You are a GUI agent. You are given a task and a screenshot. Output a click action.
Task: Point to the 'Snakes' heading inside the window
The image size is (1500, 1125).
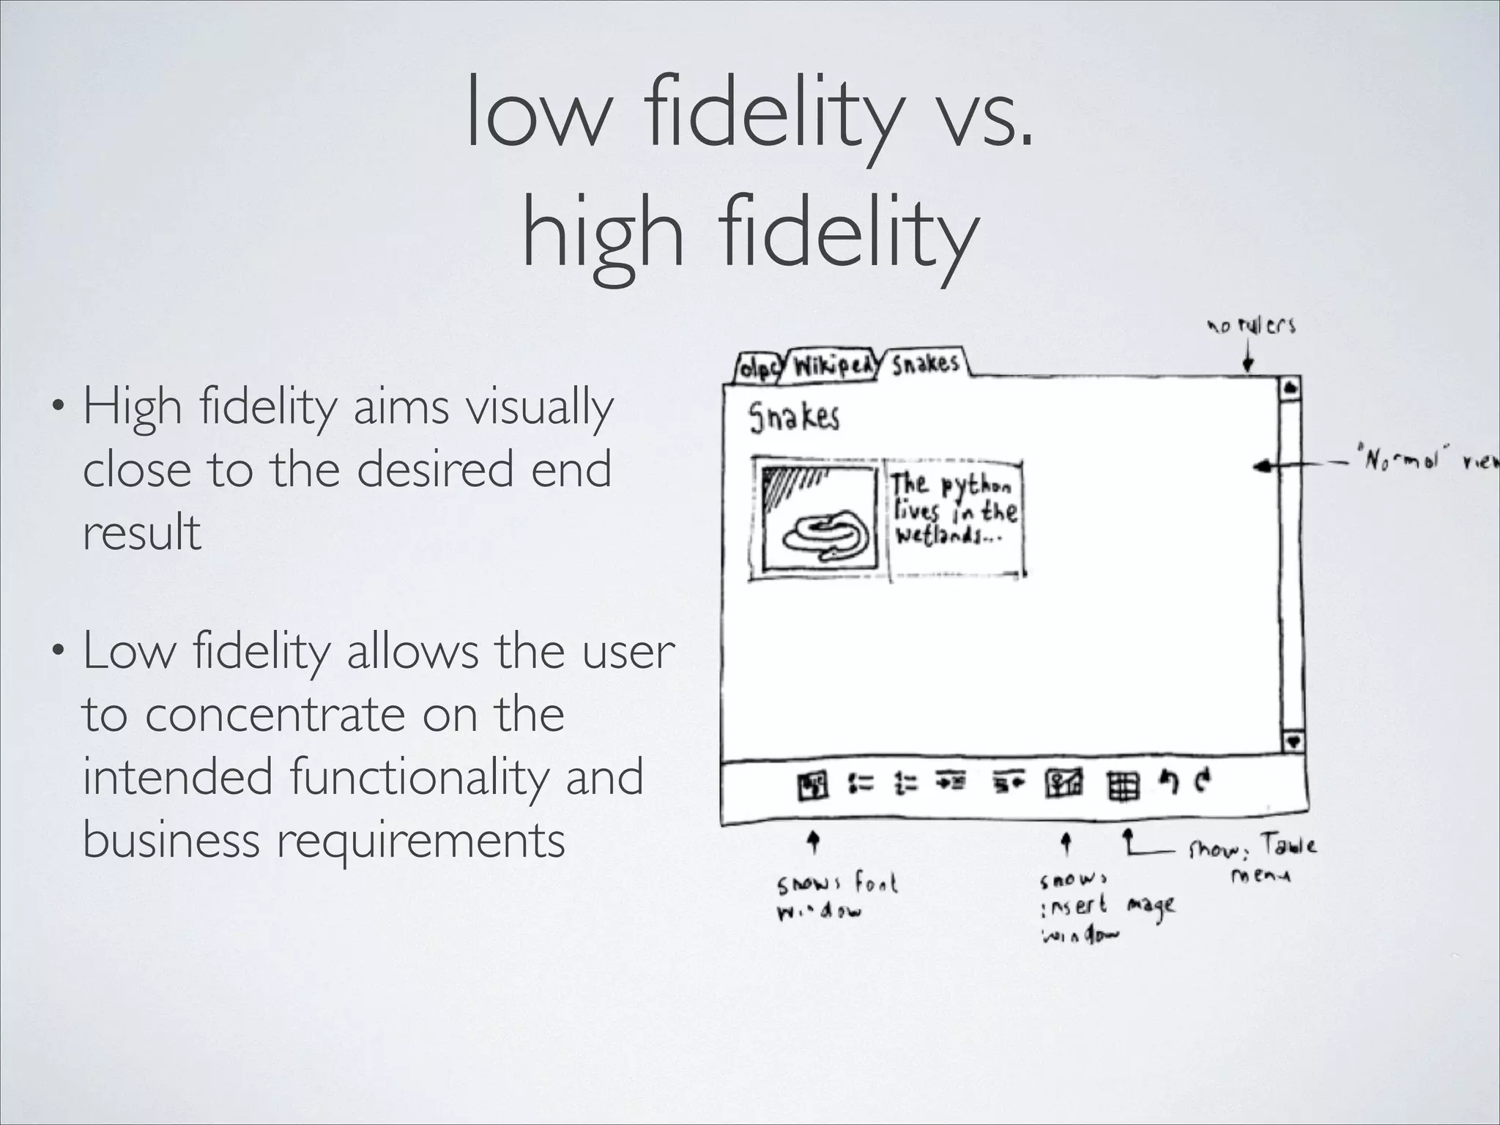tap(794, 417)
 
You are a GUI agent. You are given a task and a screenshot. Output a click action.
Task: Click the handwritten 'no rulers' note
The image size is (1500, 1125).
tap(1252, 326)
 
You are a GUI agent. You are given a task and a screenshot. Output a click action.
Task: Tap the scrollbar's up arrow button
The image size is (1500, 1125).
tap(1291, 386)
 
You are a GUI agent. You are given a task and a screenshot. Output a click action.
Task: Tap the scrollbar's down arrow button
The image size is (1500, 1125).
tap(1293, 741)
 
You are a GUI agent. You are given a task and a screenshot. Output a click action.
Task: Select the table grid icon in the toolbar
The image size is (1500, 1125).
tap(1123, 787)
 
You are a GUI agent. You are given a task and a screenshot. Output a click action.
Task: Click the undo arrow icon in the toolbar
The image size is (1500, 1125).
tap(1168, 783)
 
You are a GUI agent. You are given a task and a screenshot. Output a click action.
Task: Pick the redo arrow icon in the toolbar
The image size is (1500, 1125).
tap(1202, 782)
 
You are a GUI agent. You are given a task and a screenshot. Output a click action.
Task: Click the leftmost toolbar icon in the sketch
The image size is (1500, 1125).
tap(812, 786)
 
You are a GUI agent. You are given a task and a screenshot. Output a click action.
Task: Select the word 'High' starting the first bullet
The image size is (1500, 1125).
tap(133, 406)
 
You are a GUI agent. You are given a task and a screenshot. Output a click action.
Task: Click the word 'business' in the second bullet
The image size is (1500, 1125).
tap(171, 839)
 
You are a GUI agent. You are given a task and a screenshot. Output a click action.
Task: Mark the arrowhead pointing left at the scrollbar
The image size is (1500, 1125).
tap(1260, 466)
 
